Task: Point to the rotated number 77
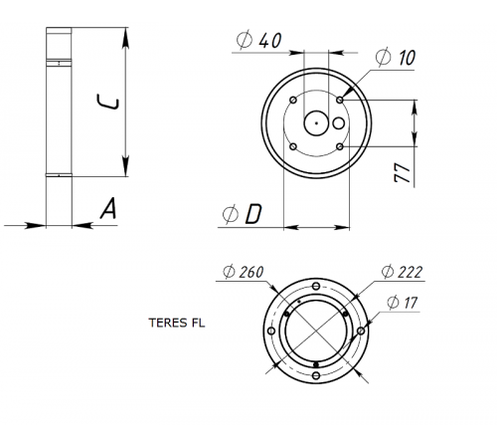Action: (x=402, y=172)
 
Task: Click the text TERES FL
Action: (x=174, y=323)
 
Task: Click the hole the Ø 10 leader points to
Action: (x=340, y=100)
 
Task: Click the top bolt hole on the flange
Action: (x=316, y=283)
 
